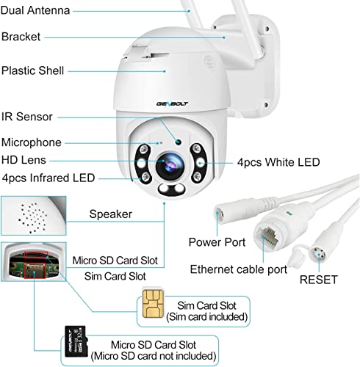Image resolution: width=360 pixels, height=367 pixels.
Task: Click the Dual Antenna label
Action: click(35, 10)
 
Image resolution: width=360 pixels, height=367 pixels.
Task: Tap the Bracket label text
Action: click(21, 37)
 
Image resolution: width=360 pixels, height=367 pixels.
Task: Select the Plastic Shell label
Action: click(32, 70)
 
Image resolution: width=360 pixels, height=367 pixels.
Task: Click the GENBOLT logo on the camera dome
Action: click(172, 103)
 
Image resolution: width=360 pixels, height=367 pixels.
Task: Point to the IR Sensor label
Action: click(27, 117)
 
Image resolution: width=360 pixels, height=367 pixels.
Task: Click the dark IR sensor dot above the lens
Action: click(178, 142)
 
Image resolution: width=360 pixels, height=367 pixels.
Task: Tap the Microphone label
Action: click(32, 142)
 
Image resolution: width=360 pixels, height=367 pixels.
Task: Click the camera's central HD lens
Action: click(170, 164)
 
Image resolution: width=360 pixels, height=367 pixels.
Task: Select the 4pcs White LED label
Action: click(278, 162)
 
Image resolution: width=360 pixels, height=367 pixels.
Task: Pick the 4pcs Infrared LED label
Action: click(48, 178)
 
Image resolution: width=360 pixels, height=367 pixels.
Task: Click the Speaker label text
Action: click(111, 214)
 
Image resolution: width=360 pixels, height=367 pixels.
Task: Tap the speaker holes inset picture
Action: click(34, 216)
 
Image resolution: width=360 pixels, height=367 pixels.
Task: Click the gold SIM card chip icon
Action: click(153, 304)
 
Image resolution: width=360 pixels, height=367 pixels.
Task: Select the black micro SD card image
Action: click(76, 341)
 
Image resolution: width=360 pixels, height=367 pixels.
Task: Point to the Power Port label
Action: click(217, 242)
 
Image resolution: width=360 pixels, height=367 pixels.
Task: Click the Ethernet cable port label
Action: click(239, 269)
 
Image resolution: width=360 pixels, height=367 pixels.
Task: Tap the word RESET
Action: click(319, 280)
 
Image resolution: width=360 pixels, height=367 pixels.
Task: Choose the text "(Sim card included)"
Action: click(207, 317)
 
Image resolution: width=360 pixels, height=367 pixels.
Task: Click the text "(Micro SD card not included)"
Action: click(154, 356)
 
